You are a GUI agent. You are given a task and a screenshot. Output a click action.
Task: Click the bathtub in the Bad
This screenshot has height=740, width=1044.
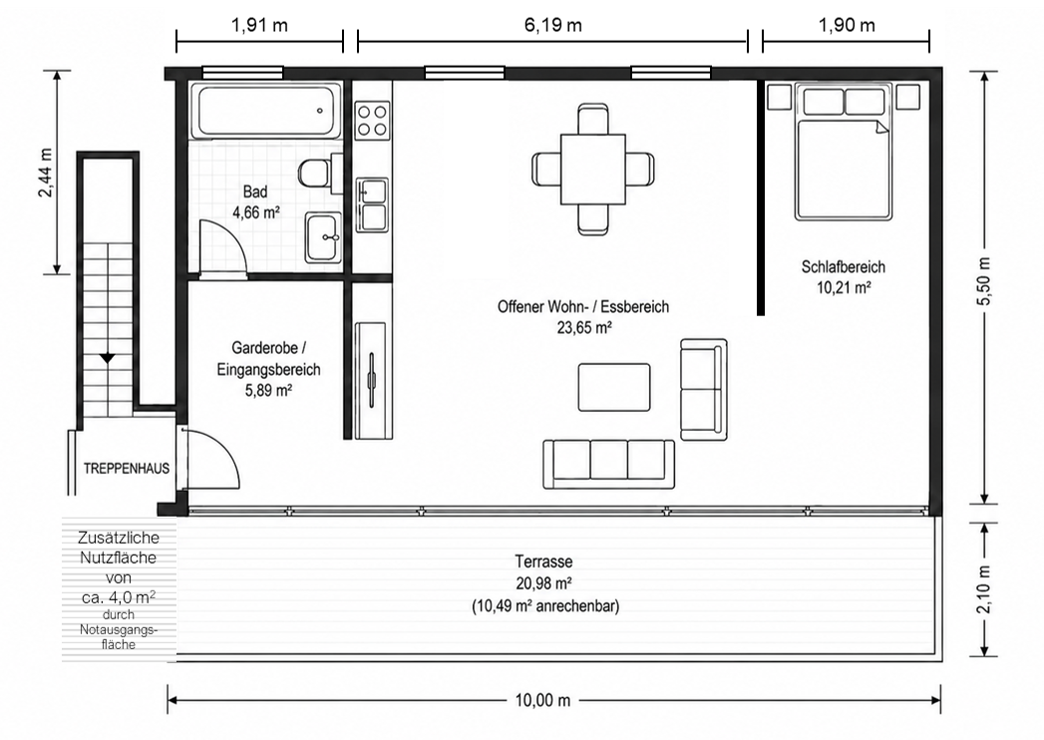tap(266, 112)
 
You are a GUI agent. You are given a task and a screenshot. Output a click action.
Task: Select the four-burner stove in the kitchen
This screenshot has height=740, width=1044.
tap(372, 121)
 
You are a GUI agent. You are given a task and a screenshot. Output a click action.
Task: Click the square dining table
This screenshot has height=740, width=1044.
tap(592, 169)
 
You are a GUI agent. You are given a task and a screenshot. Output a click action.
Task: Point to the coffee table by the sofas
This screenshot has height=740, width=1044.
tap(614, 387)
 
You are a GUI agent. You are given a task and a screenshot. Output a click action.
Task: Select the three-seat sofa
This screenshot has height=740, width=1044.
tap(608, 465)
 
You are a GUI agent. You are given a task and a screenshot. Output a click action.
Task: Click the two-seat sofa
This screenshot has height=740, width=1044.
tap(704, 390)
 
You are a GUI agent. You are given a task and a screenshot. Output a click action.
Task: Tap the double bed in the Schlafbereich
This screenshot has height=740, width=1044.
tap(843, 152)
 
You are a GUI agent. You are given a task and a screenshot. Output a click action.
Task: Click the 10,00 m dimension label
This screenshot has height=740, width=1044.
tap(542, 701)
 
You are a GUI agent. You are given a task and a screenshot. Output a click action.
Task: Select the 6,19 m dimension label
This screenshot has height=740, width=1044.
tap(552, 25)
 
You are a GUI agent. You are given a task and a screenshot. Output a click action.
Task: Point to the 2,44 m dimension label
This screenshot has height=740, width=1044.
tap(45, 173)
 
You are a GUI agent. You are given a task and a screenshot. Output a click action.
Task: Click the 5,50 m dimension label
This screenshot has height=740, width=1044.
tap(985, 281)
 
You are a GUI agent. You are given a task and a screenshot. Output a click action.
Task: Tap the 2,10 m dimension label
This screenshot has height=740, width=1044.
tap(985, 589)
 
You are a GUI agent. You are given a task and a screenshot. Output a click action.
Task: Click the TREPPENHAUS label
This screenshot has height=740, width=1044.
tap(127, 469)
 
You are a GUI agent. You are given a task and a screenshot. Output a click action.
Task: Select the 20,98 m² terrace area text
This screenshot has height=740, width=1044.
tap(544, 583)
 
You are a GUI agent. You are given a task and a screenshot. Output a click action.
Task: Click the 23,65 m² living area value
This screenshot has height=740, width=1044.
tap(584, 328)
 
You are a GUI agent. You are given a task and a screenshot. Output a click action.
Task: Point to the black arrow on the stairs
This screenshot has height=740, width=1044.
tap(108, 358)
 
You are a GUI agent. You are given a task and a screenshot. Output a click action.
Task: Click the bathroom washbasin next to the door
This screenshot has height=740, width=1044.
tap(324, 237)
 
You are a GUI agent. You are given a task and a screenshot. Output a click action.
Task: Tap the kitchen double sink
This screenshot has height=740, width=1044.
tap(372, 205)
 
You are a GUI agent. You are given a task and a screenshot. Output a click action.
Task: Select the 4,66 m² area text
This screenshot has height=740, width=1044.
tap(255, 213)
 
